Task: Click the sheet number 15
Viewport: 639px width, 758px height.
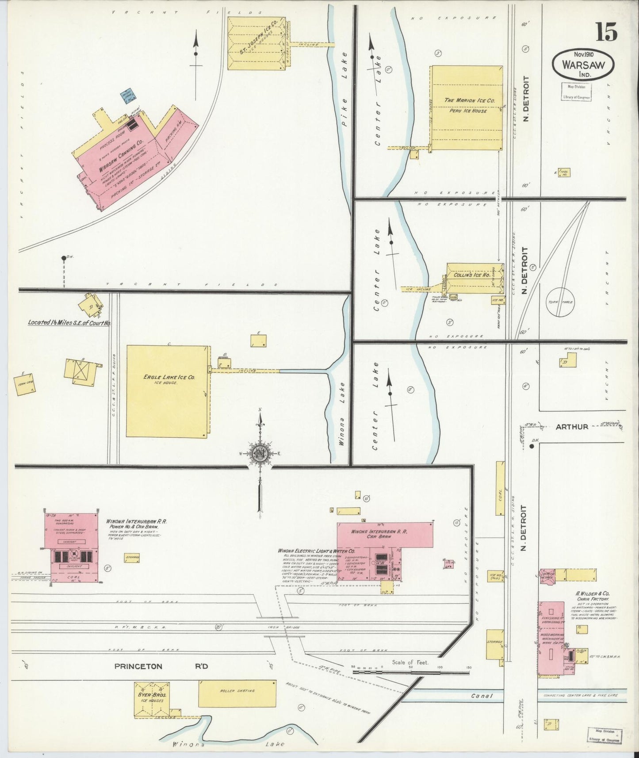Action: tap(606, 32)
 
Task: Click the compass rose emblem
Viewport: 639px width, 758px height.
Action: tap(260, 454)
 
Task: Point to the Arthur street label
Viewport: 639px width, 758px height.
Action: tap(572, 427)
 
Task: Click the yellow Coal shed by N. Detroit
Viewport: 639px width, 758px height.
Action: tap(500, 488)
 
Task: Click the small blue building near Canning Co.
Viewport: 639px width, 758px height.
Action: tap(129, 97)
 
